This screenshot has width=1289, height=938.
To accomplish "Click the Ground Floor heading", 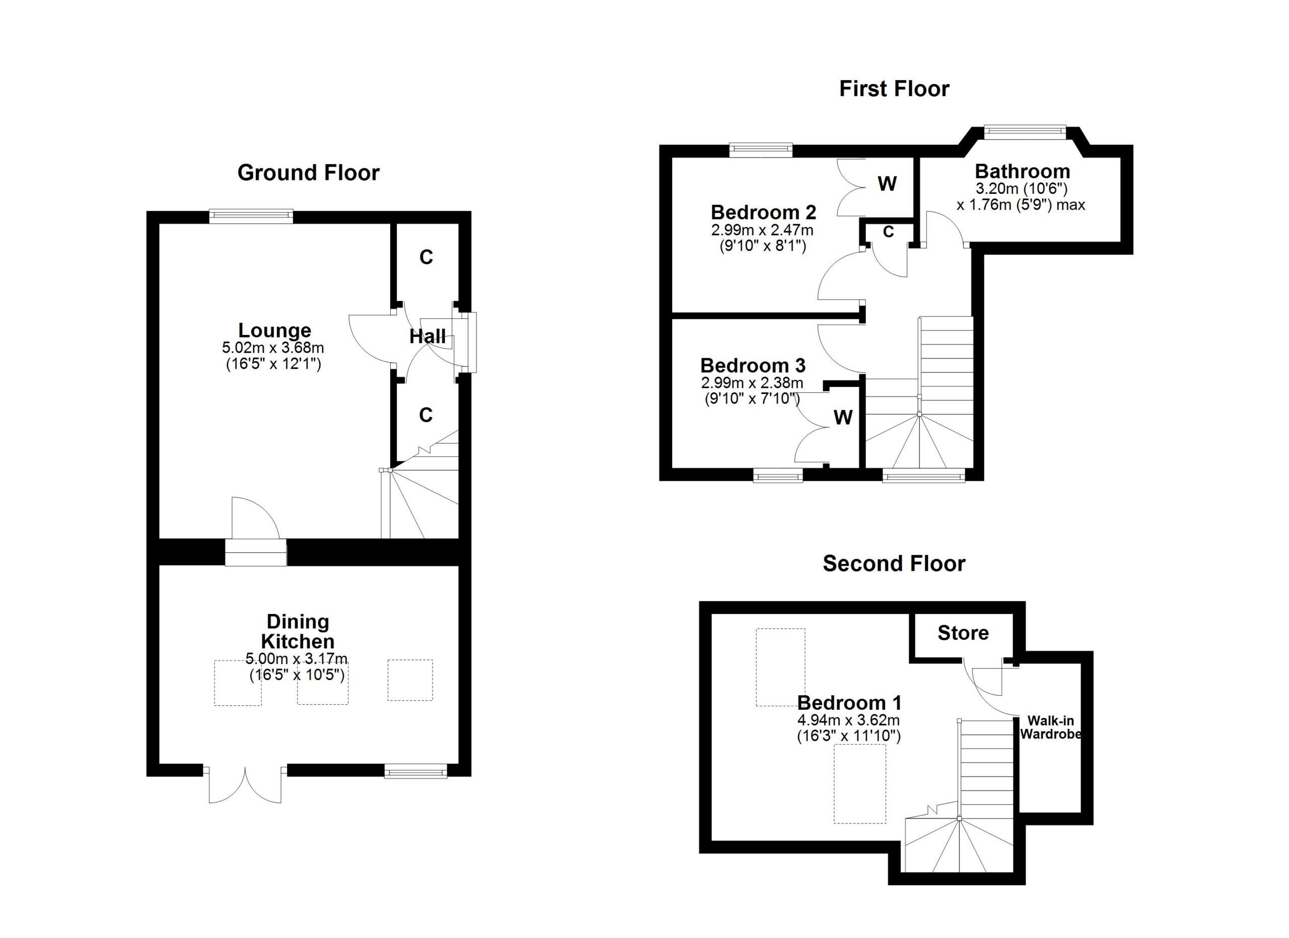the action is (308, 173).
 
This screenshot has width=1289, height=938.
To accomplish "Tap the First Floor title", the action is (894, 89).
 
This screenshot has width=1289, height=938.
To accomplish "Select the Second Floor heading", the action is (894, 563).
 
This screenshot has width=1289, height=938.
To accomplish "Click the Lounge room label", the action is (274, 330).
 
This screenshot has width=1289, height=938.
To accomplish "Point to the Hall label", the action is (427, 336).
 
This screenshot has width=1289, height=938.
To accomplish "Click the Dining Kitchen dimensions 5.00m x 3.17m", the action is (297, 659).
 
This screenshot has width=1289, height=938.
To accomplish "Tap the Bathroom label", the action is (1023, 171).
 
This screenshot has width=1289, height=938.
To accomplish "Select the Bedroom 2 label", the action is (763, 212).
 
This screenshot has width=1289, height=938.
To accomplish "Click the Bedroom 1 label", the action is (849, 703).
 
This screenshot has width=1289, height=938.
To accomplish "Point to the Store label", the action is (963, 633).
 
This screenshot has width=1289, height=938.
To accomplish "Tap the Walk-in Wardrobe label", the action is (1050, 727).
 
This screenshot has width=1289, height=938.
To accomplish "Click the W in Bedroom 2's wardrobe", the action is (887, 184).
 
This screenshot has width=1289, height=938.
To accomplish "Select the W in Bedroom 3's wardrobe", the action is (843, 417).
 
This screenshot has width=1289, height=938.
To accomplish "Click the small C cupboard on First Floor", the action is (888, 231).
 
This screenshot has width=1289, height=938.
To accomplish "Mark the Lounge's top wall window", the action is (251, 216).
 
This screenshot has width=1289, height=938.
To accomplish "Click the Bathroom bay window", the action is (1025, 131).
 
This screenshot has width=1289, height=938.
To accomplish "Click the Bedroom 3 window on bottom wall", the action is (777, 475).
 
